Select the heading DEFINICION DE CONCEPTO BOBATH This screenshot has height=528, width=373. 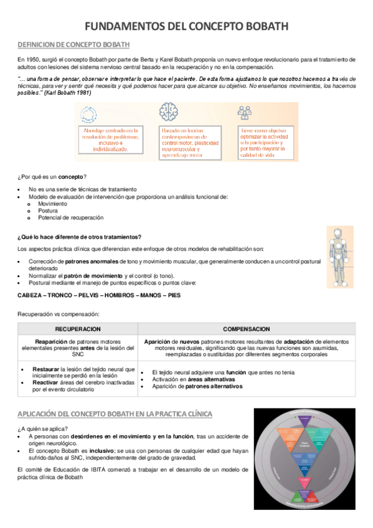(x=74, y=44)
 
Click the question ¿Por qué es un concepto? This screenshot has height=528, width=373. (x=53, y=177)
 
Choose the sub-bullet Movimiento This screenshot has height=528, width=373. (x=52, y=204)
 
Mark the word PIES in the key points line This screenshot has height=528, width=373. (x=174, y=295)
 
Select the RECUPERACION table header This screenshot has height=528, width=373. (x=77, y=329)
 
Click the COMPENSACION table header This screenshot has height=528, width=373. (x=247, y=329)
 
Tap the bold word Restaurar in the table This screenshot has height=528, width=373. (x=46, y=369)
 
